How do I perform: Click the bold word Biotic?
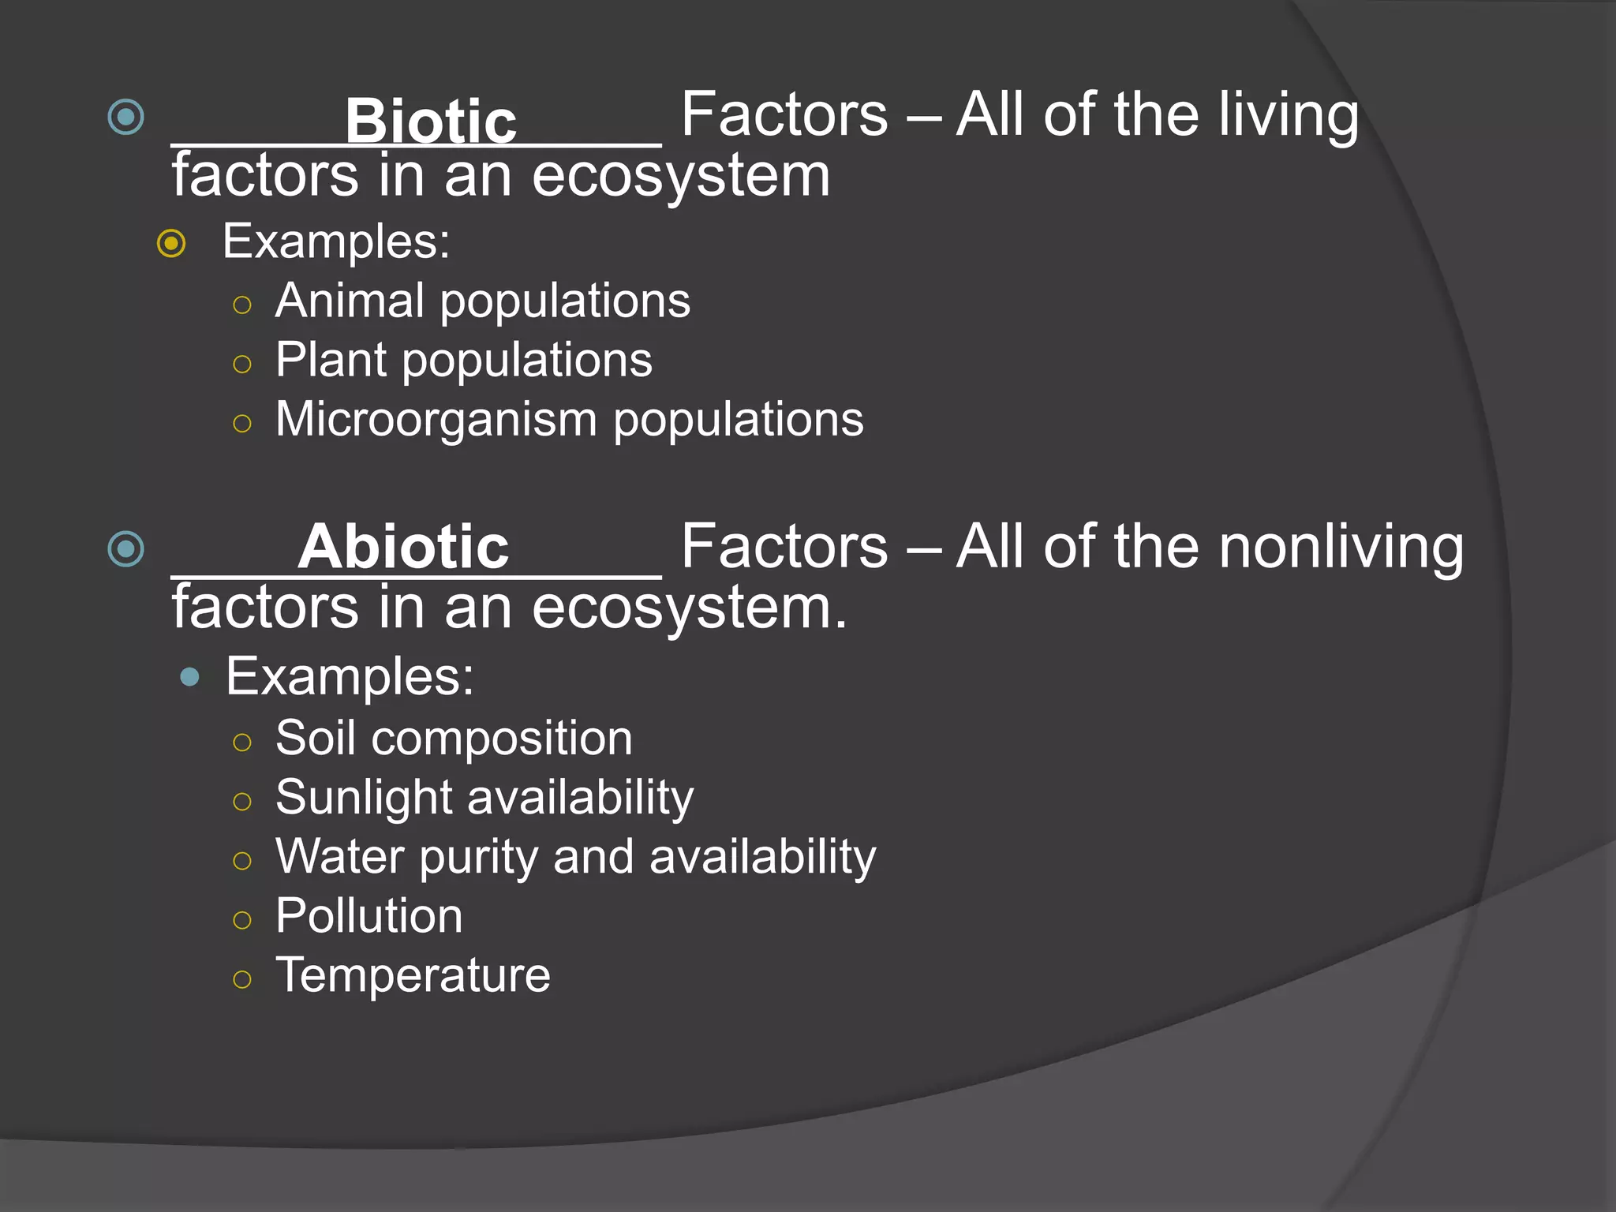(x=430, y=122)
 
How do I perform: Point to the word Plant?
(x=331, y=361)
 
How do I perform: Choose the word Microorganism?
(x=436, y=419)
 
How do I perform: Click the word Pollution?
(x=368, y=916)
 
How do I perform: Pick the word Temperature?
(x=413, y=975)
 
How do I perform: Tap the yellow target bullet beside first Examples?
(x=171, y=243)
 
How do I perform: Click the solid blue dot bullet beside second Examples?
(x=189, y=676)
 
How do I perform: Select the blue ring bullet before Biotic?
(x=125, y=118)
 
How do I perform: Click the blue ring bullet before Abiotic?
(x=125, y=548)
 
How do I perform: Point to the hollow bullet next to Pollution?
(x=242, y=920)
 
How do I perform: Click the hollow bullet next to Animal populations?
(x=242, y=305)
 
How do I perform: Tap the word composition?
(x=501, y=739)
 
